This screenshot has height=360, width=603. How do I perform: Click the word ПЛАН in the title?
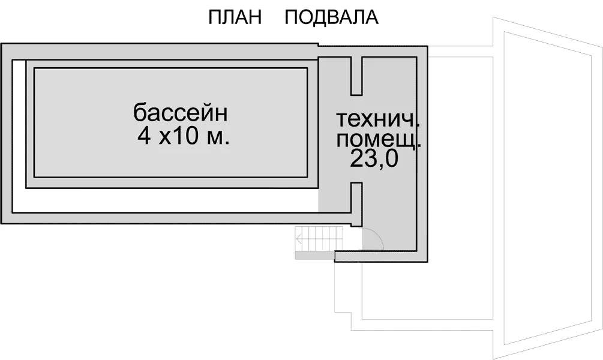[235, 17]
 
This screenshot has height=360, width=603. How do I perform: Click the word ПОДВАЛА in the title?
[331, 17]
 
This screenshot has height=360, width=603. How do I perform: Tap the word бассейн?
[181, 113]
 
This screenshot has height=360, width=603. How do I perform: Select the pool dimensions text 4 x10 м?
[184, 136]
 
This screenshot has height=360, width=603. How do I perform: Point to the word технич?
[378, 119]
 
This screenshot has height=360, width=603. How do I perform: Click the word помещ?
[379, 140]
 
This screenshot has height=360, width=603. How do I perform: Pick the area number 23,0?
[374, 158]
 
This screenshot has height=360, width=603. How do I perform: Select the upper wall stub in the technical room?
[356, 76]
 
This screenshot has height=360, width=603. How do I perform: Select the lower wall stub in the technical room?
[356, 204]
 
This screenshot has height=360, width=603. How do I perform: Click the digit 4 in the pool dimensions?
[144, 136]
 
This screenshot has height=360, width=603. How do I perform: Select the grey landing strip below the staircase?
[314, 256]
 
